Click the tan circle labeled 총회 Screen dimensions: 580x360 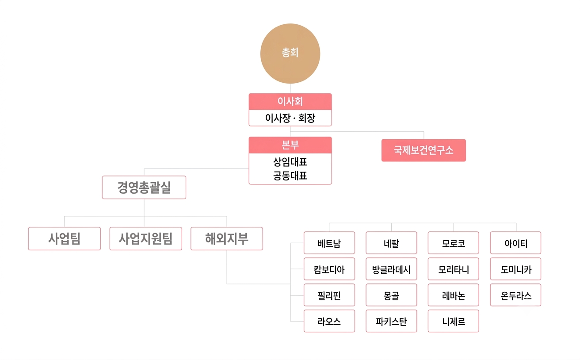point(290,54)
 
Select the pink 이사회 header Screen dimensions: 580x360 point(290,102)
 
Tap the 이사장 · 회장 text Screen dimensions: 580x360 point(290,118)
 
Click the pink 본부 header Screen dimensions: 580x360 point(290,145)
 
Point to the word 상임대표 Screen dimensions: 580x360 point(290,162)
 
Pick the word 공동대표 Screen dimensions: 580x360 point(290,176)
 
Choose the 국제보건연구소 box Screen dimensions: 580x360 point(424,150)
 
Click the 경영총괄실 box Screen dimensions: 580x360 point(144,187)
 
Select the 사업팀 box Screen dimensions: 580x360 point(65,238)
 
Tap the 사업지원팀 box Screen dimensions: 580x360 point(146,238)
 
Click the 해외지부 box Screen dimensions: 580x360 point(227,238)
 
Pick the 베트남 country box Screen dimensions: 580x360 point(329,243)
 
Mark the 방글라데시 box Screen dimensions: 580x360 point(392,269)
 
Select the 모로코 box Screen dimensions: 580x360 point(454,243)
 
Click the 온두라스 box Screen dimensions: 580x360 point(515,295)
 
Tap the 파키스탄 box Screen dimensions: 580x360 point(392,321)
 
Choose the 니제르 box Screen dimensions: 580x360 point(454,321)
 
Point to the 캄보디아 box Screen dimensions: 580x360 point(329,269)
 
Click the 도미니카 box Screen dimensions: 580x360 point(515,269)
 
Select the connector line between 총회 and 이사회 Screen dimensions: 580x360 point(290,88)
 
